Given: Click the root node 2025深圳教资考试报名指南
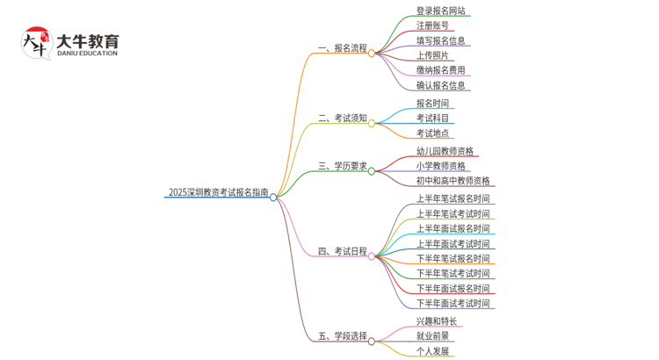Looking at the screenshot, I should (218, 192).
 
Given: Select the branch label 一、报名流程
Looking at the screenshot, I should (342, 48).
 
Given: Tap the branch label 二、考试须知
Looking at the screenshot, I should (342, 118).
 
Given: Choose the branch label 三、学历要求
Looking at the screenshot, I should (342, 165).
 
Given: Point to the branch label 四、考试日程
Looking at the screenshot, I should (342, 251).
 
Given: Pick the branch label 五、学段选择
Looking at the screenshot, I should (342, 336).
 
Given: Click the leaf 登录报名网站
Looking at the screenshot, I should (441, 11).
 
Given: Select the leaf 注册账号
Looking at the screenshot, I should (432, 26).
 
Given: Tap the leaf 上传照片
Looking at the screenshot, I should (432, 55).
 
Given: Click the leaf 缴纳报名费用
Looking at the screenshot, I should (441, 70).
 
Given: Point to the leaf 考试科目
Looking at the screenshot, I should (432, 118).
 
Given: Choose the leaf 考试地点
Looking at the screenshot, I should (432, 133).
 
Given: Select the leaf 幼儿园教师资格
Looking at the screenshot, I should (445, 151).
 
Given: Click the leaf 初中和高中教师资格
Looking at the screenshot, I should (453, 181).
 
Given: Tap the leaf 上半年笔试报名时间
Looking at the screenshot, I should (453, 199).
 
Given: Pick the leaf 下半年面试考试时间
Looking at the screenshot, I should (453, 303).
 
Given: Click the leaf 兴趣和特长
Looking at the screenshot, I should (437, 321).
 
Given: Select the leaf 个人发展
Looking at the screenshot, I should (432, 351).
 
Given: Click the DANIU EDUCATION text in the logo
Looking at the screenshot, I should (86, 54).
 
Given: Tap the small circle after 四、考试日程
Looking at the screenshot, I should (373, 256).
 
